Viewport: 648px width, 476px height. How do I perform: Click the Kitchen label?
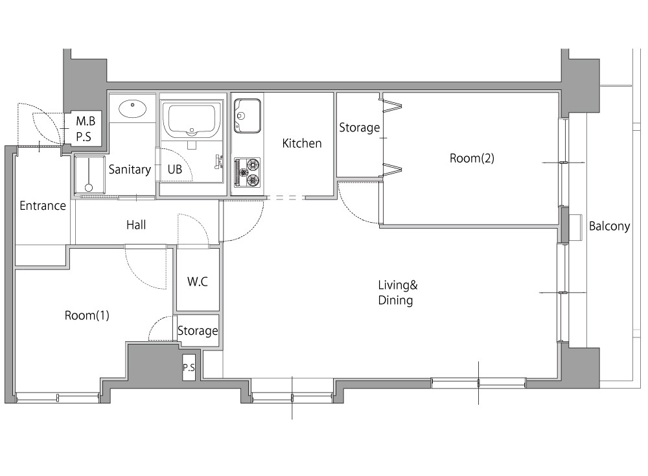[x=302, y=143]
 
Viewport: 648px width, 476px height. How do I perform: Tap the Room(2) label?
[x=472, y=158]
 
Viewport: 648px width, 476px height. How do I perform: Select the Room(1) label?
[x=87, y=315]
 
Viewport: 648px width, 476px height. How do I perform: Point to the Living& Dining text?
[x=398, y=293]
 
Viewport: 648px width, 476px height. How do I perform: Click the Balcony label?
[x=609, y=227]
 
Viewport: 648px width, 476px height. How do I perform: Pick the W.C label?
[x=198, y=282]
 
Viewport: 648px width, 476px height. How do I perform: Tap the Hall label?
[x=136, y=225]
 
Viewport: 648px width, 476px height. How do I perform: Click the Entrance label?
[x=43, y=206]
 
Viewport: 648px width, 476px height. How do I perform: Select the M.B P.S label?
[x=85, y=128]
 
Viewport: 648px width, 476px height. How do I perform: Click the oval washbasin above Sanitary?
[x=132, y=109]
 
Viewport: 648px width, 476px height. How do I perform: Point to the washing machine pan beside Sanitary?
[x=89, y=175]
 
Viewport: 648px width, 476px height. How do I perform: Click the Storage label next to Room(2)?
[x=359, y=128]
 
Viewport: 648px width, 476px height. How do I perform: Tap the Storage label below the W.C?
[x=198, y=330]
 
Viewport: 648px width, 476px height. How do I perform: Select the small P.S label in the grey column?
[x=189, y=367]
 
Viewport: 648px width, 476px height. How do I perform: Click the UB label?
[x=175, y=170]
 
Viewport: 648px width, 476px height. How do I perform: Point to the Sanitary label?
[x=130, y=170]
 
